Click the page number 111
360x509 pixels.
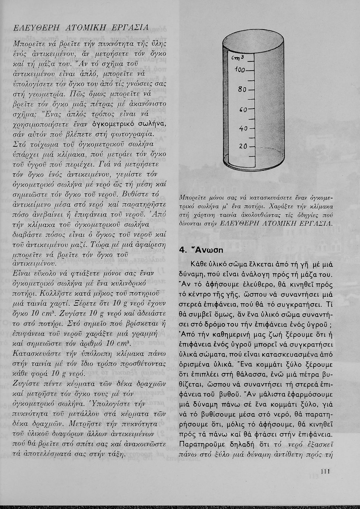pos(325,471)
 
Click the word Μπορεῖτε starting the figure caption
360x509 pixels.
pos(192,197)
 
